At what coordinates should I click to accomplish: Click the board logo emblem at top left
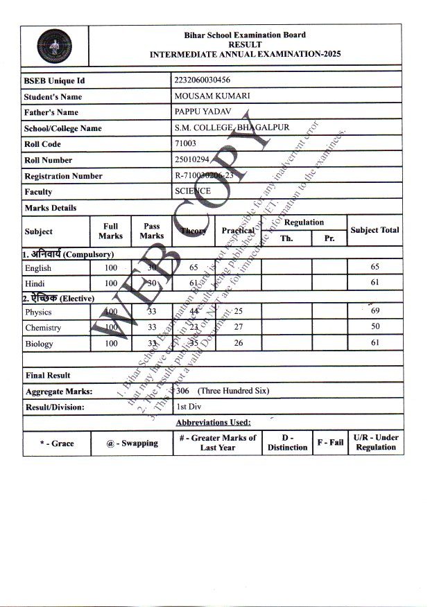(x=54, y=46)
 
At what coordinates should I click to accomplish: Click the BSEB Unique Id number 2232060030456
(x=203, y=80)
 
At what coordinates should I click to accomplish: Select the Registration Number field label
(x=63, y=176)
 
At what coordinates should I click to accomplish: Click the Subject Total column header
(x=375, y=230)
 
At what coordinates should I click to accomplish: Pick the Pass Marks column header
(x=152, y=231)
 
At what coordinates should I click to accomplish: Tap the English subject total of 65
(x=375, y=267)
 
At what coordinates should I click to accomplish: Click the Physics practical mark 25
(x=239, y=311)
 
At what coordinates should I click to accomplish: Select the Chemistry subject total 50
(x=375, y=327)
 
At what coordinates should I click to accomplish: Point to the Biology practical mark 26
(x=239, y=343)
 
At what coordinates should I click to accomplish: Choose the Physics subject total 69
(x=375, y=312)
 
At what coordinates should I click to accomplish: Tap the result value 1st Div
(x=185, y=407)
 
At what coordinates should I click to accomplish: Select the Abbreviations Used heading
(x=213, y=422)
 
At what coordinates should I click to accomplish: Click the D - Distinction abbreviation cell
(x=287, y=442)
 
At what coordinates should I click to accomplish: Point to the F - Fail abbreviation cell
(x=330, y=442)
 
